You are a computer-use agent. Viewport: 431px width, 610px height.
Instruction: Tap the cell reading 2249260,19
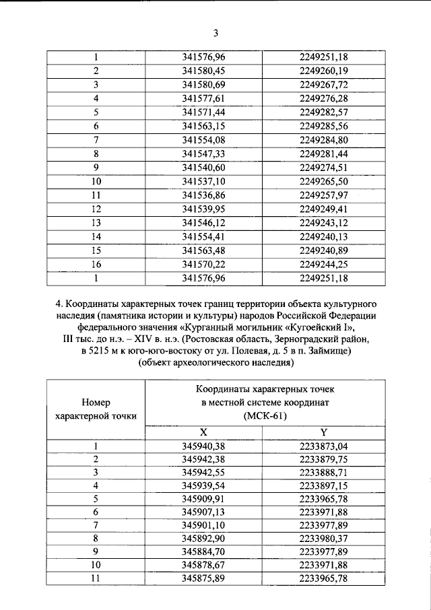(x=323, y=71)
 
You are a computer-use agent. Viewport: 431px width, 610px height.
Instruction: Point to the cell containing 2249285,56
(x=323, y=125)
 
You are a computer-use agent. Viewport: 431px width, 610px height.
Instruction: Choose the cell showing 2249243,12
(x=323, y=222)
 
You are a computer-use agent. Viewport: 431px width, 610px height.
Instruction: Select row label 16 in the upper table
(x=96, y=264)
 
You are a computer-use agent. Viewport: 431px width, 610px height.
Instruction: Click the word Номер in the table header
(x=96, y=402)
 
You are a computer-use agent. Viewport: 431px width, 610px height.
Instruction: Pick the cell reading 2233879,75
(x=323, y=459)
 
